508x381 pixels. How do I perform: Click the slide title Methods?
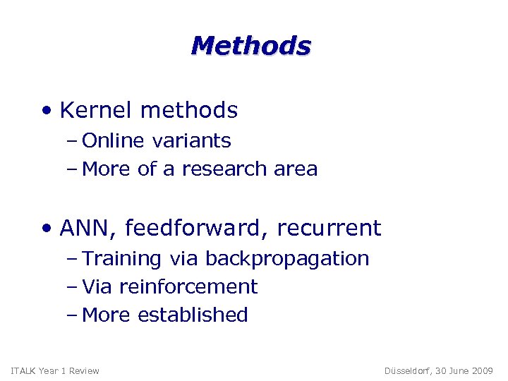click(250, 46)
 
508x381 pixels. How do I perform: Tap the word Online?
click(113, 141)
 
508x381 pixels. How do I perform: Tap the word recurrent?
click(329, 229)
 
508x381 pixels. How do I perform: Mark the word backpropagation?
click(287, 259)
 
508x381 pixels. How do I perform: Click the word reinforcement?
click(188, 287)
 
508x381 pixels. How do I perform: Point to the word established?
click(193, 315)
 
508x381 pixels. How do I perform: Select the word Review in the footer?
click(85, 371)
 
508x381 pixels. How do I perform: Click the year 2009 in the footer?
click(483, 371)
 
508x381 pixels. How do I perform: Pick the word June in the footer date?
click(459, 371)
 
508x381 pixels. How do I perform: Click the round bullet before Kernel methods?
click(47, 111)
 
